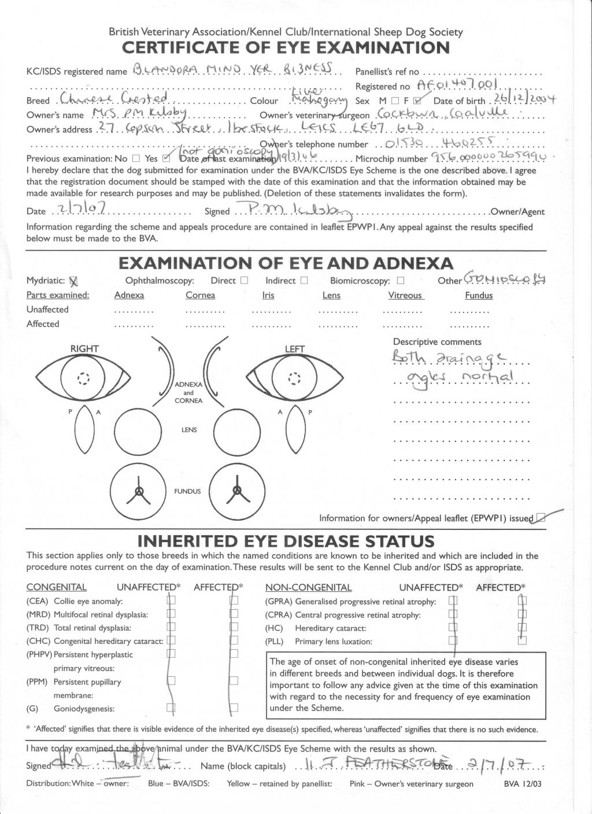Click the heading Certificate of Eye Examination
tap(286, 47)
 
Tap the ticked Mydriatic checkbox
tap(73, 281)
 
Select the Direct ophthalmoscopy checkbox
tap(244, 281)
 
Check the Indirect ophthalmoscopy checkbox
tap(304, 281)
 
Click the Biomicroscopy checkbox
tap(400, 281)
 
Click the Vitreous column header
tap(405, 295)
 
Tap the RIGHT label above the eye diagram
tap(84, 348)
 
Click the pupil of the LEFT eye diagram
tap(295, 379)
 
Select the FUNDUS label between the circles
tap(187, 491)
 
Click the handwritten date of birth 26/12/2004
tap(522, 99)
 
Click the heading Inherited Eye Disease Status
tap(286, 542)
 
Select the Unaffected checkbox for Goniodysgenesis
tap(171, 707)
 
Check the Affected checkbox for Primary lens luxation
tap(522, 640)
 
